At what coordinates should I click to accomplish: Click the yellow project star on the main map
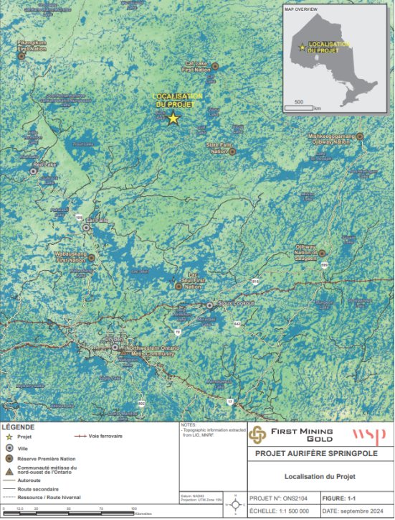click(x=173, y=119)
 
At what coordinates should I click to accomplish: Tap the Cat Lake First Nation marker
click(x=214, y=66)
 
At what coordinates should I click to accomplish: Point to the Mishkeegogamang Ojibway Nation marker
click(x=360, y=136)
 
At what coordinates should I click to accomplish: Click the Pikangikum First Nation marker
click(x=22, y=55)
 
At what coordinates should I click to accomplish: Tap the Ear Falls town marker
click(x=87, y=228)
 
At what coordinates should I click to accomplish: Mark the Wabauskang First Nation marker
click(x=91, y=257)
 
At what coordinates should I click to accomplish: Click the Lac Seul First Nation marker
click(x=179, y=286)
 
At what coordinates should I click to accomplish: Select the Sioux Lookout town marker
click(x=210, y=305)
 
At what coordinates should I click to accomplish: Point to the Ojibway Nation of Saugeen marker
click(x=322, y=253)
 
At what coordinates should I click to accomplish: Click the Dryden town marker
click(x=115, y=347)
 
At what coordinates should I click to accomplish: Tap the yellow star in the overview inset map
click(x=302, y=48)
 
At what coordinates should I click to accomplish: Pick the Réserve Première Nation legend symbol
click(x=9, y=457)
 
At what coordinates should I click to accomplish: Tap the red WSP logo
click(x=369, y=435)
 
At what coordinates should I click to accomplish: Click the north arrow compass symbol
click(x=236, y=505)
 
